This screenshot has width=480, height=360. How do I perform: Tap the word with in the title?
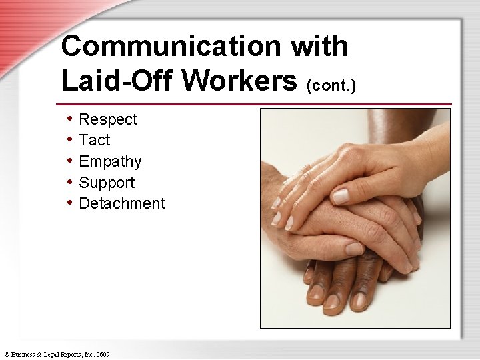319,47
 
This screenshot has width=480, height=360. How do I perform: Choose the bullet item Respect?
108,119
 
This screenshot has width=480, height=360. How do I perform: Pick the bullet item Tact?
95,140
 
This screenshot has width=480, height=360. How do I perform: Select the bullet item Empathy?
110,161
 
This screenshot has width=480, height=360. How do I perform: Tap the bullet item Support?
107,183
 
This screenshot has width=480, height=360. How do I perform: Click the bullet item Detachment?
122,203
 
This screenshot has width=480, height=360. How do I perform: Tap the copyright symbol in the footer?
6,354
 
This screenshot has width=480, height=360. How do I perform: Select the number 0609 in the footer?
102,354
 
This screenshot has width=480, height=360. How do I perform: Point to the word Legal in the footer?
52,354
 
